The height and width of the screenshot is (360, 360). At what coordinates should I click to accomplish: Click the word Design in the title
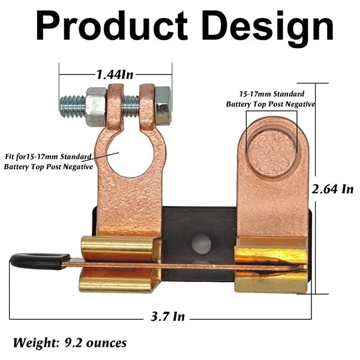[x=266, y=27]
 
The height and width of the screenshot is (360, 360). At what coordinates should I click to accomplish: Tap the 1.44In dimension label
[x=115, y=74]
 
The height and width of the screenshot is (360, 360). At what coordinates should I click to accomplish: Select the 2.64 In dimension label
[x=332, y=189]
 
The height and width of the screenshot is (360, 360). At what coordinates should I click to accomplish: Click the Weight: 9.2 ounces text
[x=70, y=343]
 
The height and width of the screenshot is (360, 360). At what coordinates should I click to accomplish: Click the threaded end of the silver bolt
[x=71, y=107]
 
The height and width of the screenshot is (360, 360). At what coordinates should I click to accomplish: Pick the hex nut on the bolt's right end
[x=163, y=106]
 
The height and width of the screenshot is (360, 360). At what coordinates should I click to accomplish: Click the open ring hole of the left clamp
[x=133, y=154]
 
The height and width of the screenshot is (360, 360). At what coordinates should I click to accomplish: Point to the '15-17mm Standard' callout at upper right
[x=271, y=94]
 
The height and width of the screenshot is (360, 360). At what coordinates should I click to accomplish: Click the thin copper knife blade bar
[x=180, y=263]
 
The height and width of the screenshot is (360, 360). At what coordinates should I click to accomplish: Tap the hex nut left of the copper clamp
[x=96, y=107]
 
